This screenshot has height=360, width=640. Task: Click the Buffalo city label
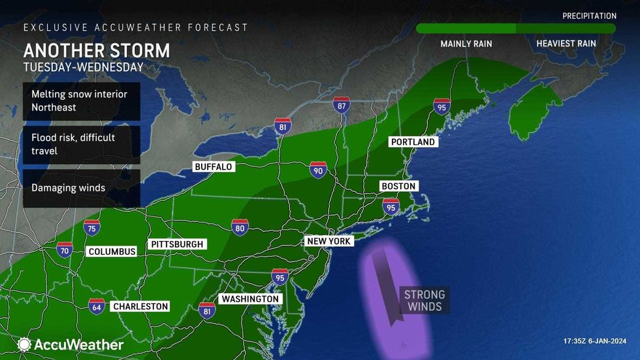[214, 167]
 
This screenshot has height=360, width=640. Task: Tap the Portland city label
[412, 142]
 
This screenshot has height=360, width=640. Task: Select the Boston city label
[398, 186]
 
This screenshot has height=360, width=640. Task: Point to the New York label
[329, 241]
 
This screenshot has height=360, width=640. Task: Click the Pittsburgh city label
[178, 244]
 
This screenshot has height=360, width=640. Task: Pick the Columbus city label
[112, 252]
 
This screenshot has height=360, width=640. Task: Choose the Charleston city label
[140, 306]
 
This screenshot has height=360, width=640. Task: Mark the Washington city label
[250, 299]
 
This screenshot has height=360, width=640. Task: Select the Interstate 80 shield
[240, 227]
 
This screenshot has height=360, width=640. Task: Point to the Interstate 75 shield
[92, 227]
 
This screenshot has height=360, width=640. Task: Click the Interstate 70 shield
[64, 250]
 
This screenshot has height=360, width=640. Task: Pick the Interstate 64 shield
[97, 305]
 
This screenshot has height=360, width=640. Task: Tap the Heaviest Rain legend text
[566, 44]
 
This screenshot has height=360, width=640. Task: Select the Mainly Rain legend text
[466, 44]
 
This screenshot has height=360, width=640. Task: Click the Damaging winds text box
[82, 188]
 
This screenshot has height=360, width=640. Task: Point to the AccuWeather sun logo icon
[24, 344]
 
